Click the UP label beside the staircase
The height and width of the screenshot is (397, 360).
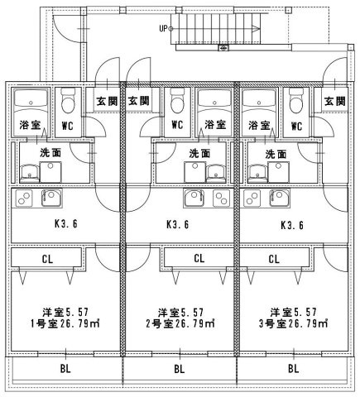click(x=163, y=28)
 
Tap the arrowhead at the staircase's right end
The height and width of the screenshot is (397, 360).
click(x=256, y=28)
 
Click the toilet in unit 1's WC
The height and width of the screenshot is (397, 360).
click(x=68, y=101)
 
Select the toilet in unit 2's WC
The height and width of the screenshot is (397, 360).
click(x=177, y=101)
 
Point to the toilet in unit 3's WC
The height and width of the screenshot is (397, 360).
click(x=296, y=101)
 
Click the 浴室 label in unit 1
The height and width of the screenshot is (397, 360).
click(x=30, y=125)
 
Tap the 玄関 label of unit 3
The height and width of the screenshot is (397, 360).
click(x=335, y=101)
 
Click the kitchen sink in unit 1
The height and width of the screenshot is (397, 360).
click(x=52, y=198)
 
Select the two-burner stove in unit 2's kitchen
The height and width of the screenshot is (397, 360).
click(x=221, y=198)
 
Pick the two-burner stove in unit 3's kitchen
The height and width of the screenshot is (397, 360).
click(x=252, y=198)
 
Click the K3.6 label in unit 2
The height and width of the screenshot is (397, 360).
click(x=178, y=224)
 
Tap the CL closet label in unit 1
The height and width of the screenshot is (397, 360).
click(x=47, y=259)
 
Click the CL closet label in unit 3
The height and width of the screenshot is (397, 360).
click(x=274, y=259)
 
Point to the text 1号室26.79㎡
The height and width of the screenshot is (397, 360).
click(x=65, y=323)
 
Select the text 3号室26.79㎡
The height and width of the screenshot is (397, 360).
click(x=294, y=323)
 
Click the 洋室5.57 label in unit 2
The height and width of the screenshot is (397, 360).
click(x=180, y=313)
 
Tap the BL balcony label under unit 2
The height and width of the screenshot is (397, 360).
click(x=180, y=369)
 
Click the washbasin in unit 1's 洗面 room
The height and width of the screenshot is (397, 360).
click(x=30, y=173)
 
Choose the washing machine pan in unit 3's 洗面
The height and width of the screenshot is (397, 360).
click(x=279, y=172)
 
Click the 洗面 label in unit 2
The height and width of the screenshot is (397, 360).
click(x=199, y=153)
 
